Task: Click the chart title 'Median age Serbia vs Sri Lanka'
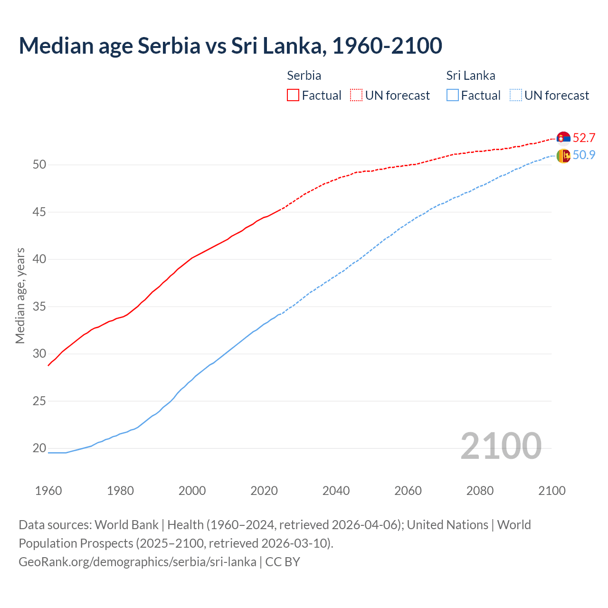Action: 230,46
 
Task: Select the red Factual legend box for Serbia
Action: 293,95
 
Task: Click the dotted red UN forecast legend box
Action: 356,95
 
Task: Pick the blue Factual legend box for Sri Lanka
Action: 453,95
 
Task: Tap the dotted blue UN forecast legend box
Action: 516,95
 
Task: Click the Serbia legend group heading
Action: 304,76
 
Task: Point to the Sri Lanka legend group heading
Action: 470,76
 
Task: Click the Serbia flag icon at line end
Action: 563,138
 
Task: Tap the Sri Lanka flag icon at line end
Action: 563,155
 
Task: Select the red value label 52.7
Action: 584,138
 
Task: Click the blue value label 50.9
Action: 584,155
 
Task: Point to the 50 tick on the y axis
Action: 39,165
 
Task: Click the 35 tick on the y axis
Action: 39,306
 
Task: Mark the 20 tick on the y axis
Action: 39,448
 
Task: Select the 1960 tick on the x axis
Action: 48,491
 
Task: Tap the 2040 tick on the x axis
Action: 336,491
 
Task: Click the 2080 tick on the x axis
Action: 480,491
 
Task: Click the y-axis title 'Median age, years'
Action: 20,295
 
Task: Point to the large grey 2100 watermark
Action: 501,446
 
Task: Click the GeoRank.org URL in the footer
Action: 137,561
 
